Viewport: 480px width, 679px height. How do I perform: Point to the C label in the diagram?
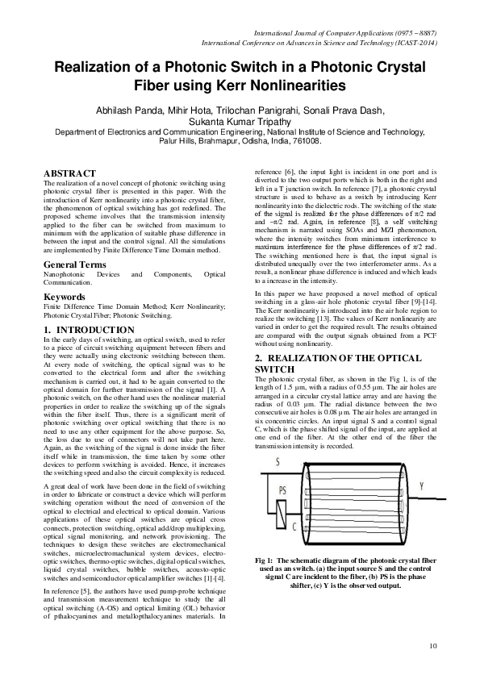click(x=294, y=526)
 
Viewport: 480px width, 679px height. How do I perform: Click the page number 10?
click(x=432, y=645)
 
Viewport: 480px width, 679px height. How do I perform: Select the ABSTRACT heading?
click(x=69, y=173)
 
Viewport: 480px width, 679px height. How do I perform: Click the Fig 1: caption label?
click(x=265, y=560)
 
